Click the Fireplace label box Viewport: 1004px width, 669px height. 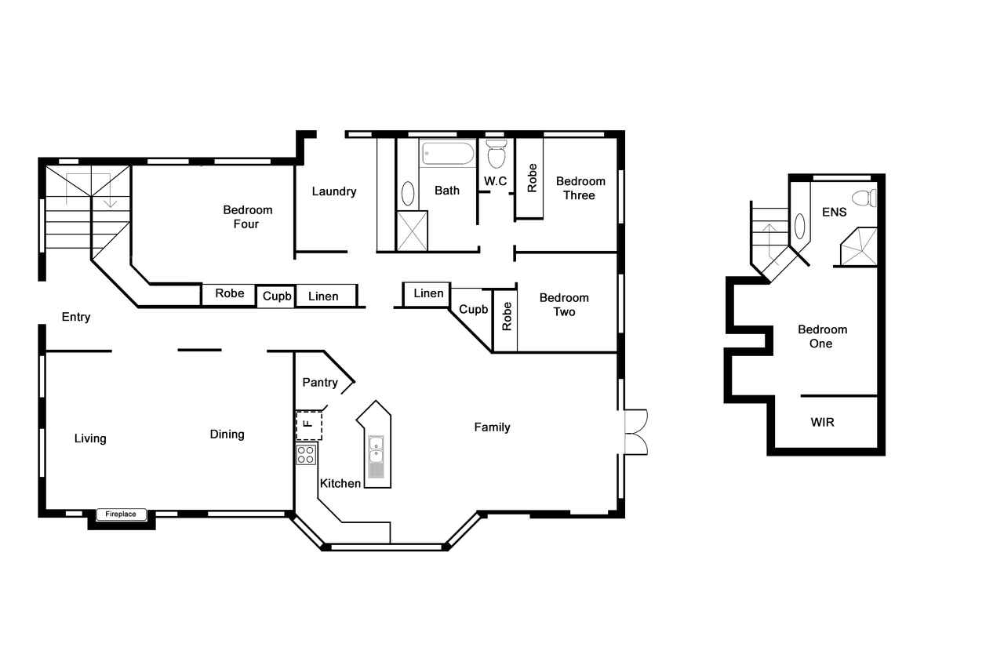(x=122, y=514)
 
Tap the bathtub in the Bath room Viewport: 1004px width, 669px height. (x=448, y=154)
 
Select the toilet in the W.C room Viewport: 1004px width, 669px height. (x=497, y=153)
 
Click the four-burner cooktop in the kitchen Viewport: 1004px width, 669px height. (x=306, y=455)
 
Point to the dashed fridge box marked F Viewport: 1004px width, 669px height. (x=309, y=425)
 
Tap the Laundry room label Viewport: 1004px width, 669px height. (x=334, y=192)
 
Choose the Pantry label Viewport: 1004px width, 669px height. (x=320, y=382)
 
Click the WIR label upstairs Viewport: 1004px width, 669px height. (x=823, y=422)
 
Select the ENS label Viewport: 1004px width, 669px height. (x=834, y=212)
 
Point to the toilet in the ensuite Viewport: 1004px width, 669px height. (x=864, y=198)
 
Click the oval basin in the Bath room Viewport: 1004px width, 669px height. (x=408, y=194)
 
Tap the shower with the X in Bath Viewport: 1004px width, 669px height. (x=413, y=231)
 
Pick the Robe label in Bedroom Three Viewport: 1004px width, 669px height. (x=532, y=178)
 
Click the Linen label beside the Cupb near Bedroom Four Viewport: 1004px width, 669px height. (x=323, y=296)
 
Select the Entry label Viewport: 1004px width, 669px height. (x=76, y=318)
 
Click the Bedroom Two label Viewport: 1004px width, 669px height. (x=564, y=305)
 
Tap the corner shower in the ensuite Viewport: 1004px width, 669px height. (x=859, y=247)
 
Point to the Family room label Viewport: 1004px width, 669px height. (x=492, y=427)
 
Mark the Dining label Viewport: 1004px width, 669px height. (x=227, y=434)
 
